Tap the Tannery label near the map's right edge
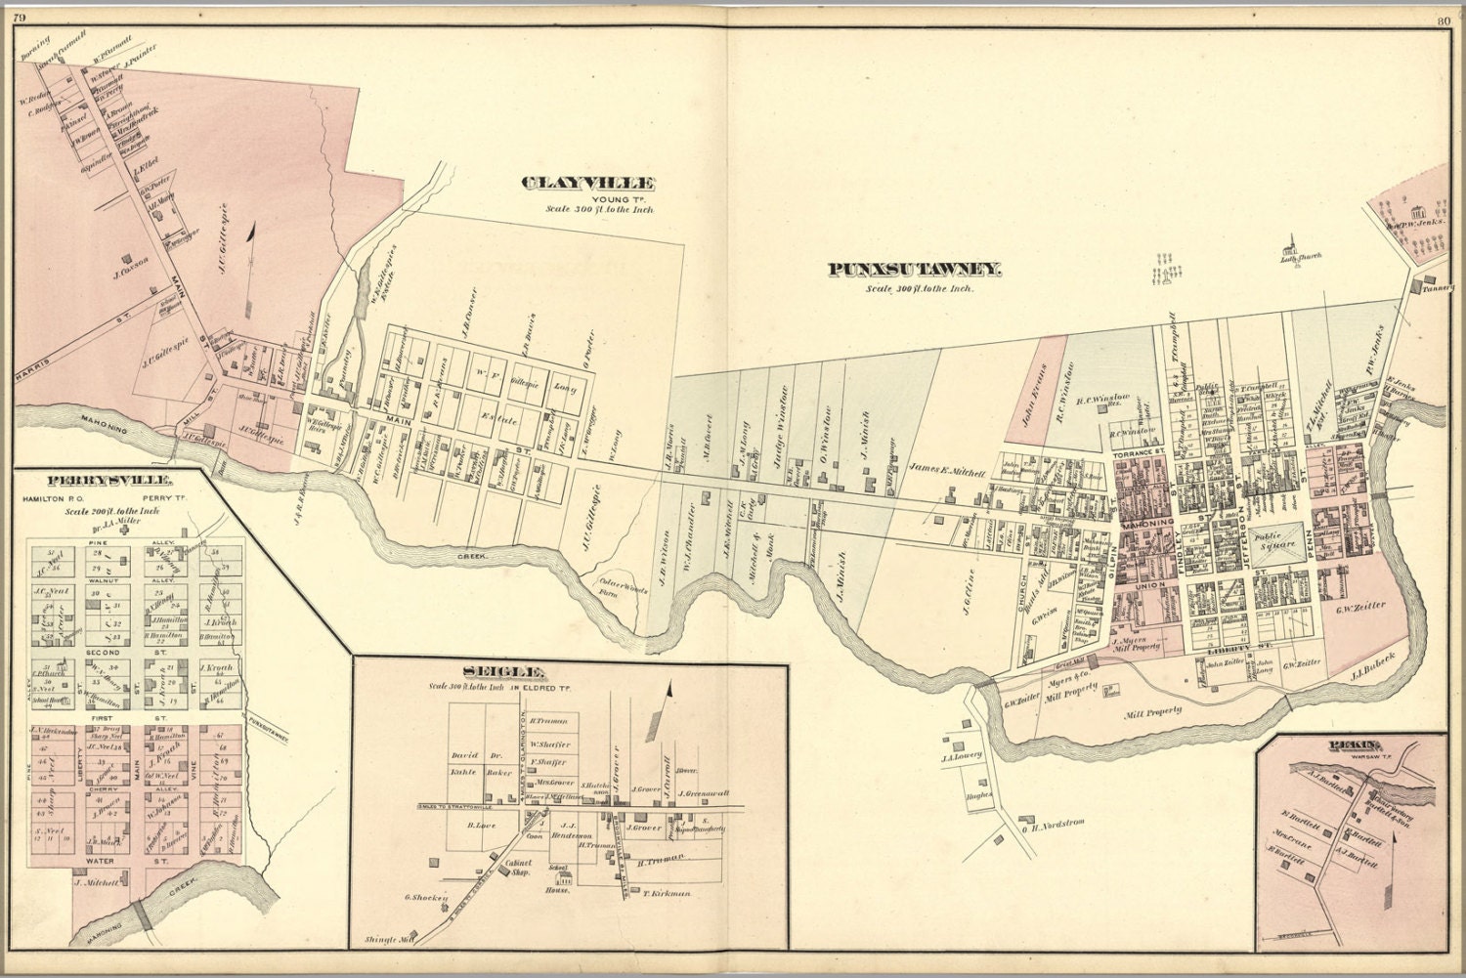[1433, 288]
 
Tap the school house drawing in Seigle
[560, 878]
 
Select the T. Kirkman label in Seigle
[667, 892]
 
